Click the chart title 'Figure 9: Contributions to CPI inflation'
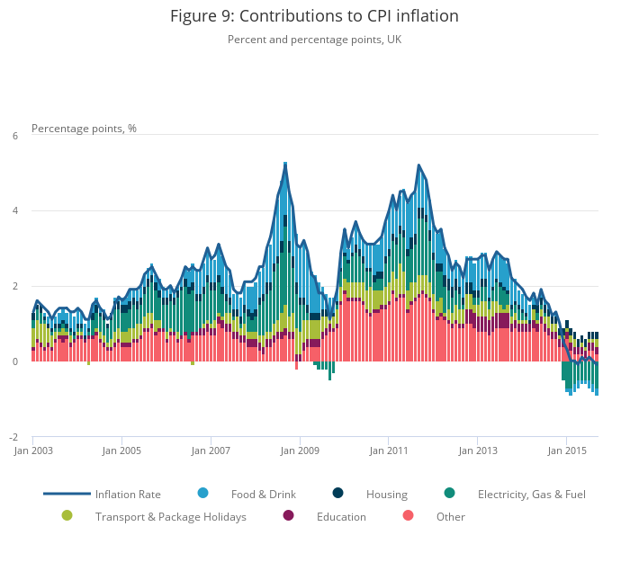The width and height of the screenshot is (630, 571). (314, 16)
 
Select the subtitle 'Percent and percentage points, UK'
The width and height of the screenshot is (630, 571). (314, 40)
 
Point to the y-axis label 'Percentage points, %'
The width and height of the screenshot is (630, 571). (84, 129)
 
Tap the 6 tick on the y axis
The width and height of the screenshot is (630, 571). (14, 136)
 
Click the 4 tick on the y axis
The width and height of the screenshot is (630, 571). (14, 211)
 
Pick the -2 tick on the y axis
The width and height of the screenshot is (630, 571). (13, 437)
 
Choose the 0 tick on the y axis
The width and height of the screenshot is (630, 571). (14, 361)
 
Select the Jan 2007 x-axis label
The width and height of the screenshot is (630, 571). (210, 451)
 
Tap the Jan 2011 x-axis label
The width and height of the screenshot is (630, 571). (387, 451)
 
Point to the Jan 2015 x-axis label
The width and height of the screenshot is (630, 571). (565, 451)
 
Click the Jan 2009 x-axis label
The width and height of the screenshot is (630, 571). (299, 451)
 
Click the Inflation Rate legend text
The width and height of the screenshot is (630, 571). (128, 495)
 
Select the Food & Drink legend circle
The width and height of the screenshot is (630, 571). (202, 493)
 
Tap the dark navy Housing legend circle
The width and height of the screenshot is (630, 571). (337, 493)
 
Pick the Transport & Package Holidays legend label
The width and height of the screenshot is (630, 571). (171, 517)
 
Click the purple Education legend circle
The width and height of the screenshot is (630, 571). (288, 515)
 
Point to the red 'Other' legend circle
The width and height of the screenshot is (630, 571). (408, 515)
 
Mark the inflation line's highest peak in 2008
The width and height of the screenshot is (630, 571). (285, 165)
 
